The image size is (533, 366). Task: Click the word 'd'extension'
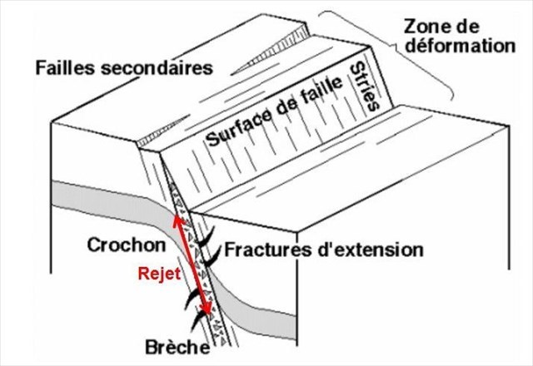[380, 249]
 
